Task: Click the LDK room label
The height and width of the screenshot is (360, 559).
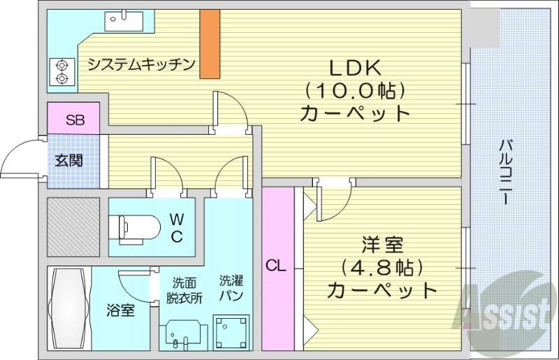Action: tap(354, 69)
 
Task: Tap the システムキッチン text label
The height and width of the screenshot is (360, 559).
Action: tap(140, 64)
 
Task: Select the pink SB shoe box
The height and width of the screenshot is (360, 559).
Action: tap(74, 119)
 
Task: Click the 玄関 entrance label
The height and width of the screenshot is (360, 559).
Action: tap(69, 160)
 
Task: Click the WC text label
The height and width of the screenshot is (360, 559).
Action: tap(177, 227)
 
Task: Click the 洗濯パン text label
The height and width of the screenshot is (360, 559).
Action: tap(231, 289)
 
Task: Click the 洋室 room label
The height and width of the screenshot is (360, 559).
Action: tap(382, 245)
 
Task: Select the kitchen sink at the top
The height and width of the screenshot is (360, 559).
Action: tap(122, 22)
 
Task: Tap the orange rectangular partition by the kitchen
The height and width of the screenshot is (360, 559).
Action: tap(209, 44)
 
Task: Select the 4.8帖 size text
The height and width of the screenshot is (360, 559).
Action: tap(382, 267)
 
